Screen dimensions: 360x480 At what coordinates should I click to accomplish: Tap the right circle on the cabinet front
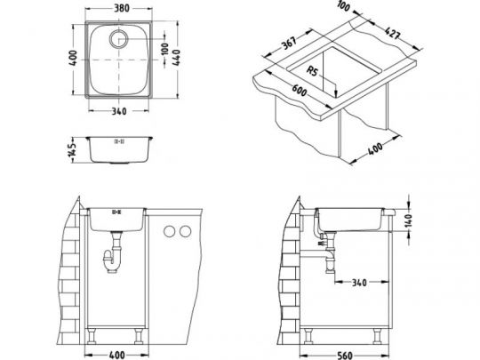186,232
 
